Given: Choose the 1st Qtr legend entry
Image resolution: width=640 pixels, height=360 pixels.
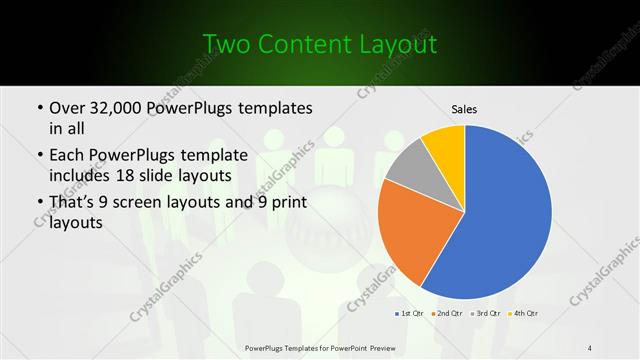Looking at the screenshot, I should click(408, 314).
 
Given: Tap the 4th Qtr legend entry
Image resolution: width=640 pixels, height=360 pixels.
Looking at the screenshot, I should click(524, 314).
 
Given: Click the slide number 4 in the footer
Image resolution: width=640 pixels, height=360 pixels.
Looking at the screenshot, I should click(590, 347).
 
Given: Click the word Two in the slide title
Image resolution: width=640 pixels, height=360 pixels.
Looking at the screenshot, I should click(225, 44).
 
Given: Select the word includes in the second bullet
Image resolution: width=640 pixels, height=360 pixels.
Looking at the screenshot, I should click(81, 176).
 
